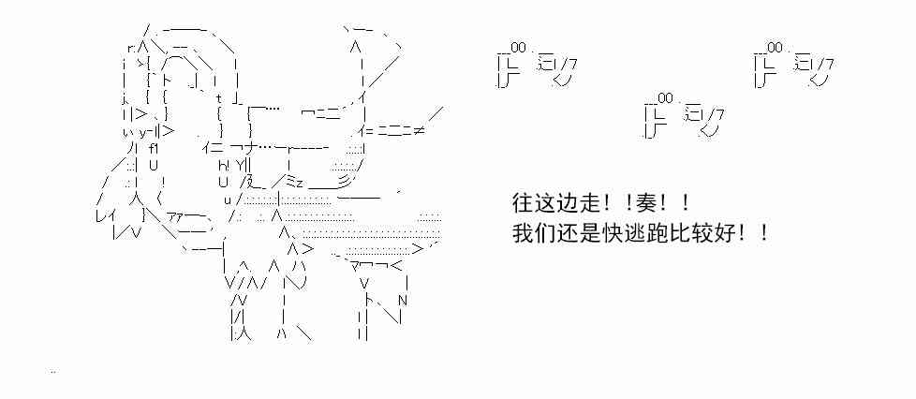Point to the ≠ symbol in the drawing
point(417,130)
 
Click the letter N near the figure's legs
point(403,300)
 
